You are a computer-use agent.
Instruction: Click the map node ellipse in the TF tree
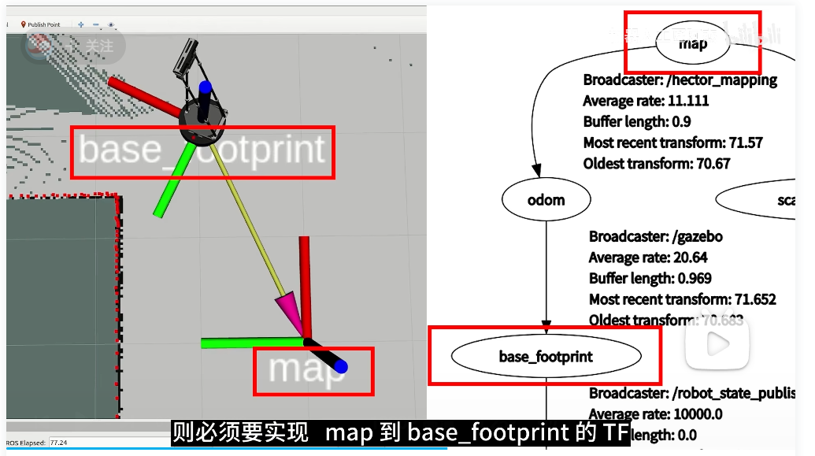pyautogui.click(x=693, y=43)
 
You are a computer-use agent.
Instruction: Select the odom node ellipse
pyautogui.click(x=546, y=199)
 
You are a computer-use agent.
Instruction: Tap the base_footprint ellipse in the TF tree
pyautogui.click(x=545, y=357)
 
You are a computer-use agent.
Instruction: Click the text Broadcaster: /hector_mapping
pyautogui.click(x=680, y=80)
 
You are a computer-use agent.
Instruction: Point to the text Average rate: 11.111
pyautogui.click(x=646, y=101)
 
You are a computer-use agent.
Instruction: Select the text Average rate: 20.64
pyautogui.click(x=647, y=258)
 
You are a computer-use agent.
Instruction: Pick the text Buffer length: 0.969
pyautogui.click(x=650, y=278)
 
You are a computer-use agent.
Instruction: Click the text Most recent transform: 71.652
pyautogui.click(x=682, y=299)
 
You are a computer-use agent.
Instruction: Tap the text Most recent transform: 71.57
pyautogui.click(x=672, y=143)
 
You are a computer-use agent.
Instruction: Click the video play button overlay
pyautogui.click(x=716, y=343)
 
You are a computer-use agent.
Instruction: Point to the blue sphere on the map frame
pyautogui.click(x=340, y=366)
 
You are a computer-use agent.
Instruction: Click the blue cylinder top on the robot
pyautogui.click(x=206, y=87)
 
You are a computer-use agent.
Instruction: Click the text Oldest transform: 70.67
pyautogui.click(x=657, y=164)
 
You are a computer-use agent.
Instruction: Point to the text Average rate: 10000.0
pyautogui.click(x=655, y=413)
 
